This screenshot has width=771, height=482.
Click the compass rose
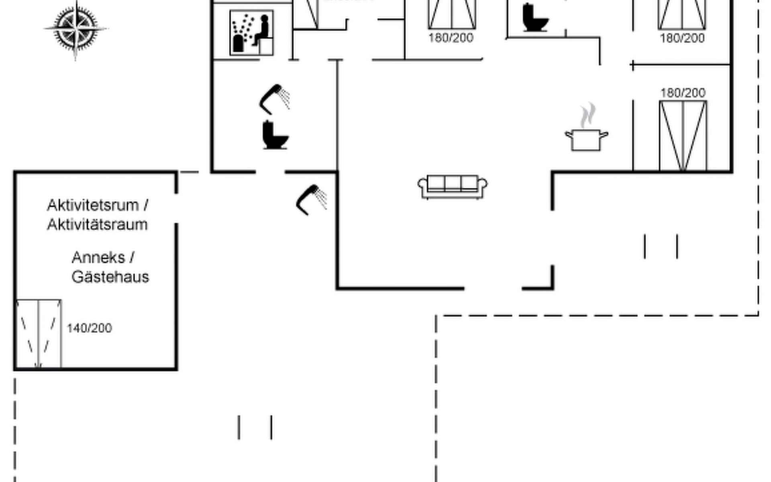(x=76, y=29)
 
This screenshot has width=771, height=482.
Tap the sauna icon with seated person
(x=252, y=33)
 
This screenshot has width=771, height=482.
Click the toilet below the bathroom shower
(x=275, y=135)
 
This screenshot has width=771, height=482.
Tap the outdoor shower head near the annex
(x=311, y=199)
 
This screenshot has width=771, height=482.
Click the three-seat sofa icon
(x=453, y=187)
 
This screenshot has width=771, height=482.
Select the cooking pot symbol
(x=586, y=140)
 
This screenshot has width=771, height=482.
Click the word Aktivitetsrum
(x=93, y=205)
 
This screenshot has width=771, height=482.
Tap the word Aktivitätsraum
(x=97, y=225)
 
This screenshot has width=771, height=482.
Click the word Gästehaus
(x=110, y=277)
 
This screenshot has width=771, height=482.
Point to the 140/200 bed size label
(x=89, y=329)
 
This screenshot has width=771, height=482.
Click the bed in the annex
(x=39, y=333)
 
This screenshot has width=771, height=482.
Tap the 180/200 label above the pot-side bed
(x=683, y=93)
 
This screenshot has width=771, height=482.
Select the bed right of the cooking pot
(x=683, y=136)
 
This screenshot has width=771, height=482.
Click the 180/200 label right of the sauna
(x=451, y=38)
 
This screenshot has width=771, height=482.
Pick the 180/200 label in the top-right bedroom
(x=682, y=39)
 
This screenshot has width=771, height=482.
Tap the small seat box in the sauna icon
(x=265, y=46)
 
